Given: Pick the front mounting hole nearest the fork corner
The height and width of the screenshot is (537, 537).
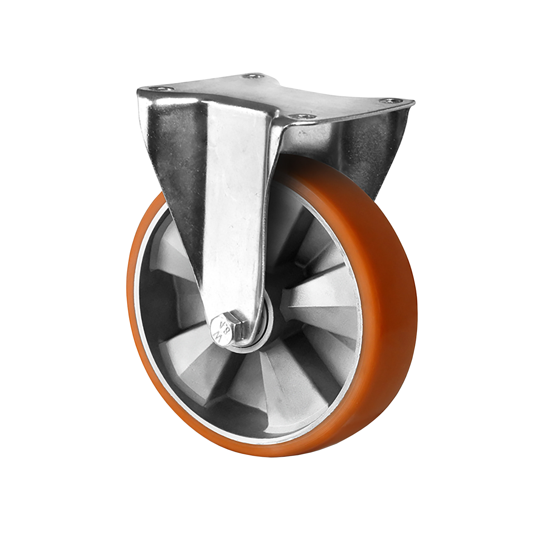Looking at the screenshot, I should point(298,116).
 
